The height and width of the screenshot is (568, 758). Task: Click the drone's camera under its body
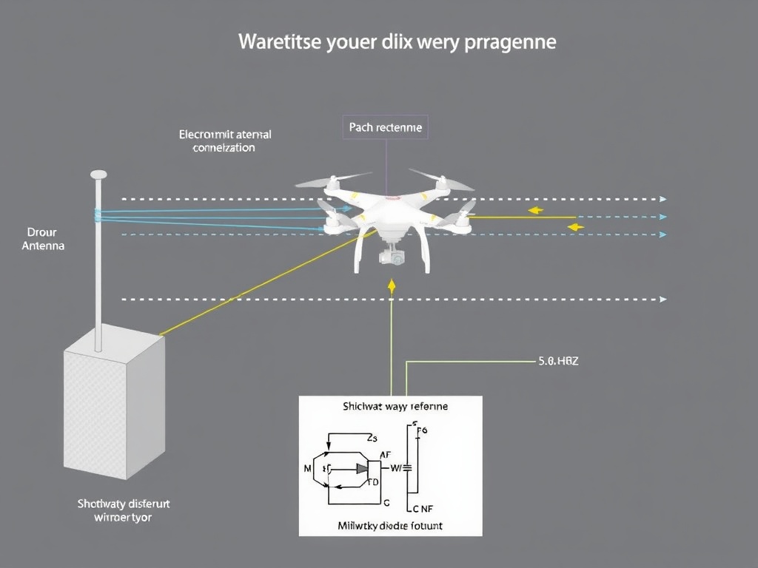coord(392,257)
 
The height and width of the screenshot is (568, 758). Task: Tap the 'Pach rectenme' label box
coord(385,127)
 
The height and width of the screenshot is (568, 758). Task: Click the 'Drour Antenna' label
coord(42,238)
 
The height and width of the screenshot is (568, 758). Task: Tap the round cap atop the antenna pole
coord(98,175)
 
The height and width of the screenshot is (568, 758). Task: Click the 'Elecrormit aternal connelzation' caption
coord(224,141)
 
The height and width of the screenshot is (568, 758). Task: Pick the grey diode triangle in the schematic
coord(363,468)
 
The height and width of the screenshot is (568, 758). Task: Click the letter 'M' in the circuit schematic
coord(308,468)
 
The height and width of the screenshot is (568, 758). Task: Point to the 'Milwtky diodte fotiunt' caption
coord(390,526)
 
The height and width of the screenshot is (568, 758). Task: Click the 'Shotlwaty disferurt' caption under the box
coord(124,504)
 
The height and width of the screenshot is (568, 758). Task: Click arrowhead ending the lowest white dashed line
coord(663,300)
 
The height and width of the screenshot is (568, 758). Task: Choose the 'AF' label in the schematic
coord(385,455)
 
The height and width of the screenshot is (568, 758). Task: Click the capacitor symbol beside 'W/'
coord(406,468)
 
